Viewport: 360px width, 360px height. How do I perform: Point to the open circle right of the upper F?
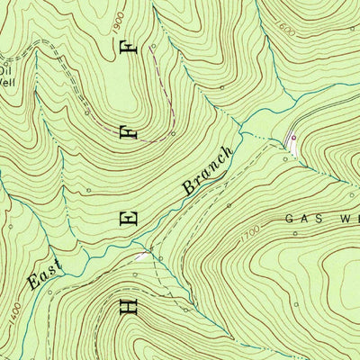(x=222, y=87)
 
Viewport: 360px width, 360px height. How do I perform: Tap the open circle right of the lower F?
(x=174, y=135)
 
